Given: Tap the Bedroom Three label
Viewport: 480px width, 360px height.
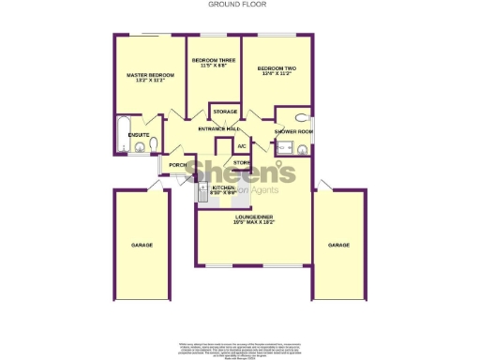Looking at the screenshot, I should click(213, 60).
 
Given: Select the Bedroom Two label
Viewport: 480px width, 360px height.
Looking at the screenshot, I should click(277, 67).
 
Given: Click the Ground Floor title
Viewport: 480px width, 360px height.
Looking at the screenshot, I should click(239, 5).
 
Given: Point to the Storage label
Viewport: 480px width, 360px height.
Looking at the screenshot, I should click(223, 113).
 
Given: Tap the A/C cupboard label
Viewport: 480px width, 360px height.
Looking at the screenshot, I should click(241, 146).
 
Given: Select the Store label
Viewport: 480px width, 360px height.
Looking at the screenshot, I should click(242, 163).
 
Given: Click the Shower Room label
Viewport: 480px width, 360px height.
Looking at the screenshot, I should click(292, 132).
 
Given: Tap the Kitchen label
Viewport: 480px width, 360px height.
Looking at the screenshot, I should click(223, 187).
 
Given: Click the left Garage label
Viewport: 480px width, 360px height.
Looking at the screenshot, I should click(142, 245).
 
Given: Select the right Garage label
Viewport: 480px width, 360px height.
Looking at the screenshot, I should click(337, 245).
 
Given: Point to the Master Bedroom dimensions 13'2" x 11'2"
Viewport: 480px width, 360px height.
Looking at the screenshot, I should click(150, 80).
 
